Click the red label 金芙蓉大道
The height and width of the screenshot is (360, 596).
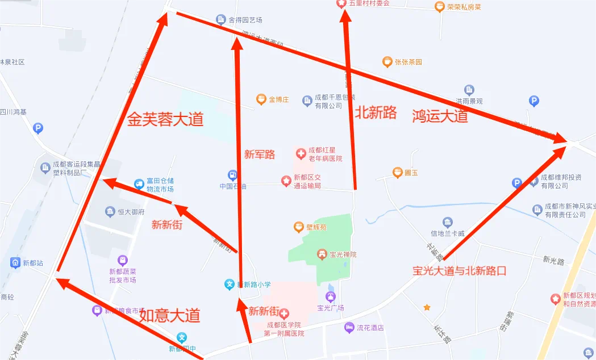pyautogui.click(x=165, y=119)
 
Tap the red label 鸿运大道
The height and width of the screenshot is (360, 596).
pyautogui.click(x=440, y=116)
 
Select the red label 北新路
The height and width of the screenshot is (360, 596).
pyautogui.click(x=376, y=112)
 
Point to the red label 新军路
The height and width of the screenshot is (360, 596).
pyautogui.click(x=260, y=154)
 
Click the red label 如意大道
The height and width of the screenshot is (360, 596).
pyautogui.click(x=170, y=315)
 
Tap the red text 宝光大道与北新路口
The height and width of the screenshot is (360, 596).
pyautogui.click(x=459, y=271)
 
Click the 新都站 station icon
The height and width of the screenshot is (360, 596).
pyautogui.click(x=15, y=263)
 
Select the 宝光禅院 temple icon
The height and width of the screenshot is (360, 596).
pyautogui.click(x=322, y=254)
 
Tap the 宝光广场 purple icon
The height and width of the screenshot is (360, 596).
pyautogui.click(x=331, y=297)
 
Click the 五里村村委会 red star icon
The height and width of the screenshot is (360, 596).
pyautogui.click(x=341, y=3)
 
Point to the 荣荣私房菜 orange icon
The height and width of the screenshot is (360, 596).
pyautogui.click(x=439, y=7)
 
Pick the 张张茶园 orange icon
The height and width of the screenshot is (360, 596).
pyautogui.click(x=387, y=62)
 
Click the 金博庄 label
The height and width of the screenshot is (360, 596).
pyautogui.click(x=279, y=100)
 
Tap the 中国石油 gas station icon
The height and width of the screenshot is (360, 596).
pyautogui.click(x=232, y=174)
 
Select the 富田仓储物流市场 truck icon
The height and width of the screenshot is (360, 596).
pyautogui.click(x=139, y=184)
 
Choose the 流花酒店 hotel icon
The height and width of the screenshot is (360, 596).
pyautogui.click(x=349, y=328)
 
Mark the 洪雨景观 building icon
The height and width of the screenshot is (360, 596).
pyautogui.click(x=469, y=90)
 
